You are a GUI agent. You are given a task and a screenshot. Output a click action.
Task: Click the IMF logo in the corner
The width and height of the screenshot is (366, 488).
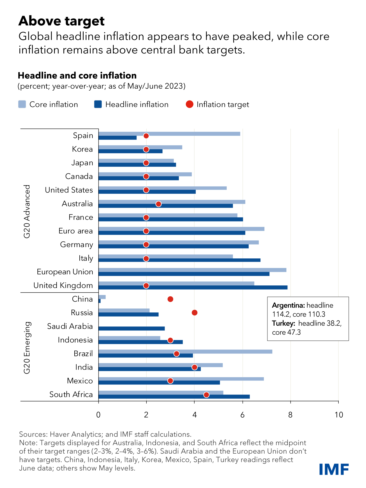coord(334,469)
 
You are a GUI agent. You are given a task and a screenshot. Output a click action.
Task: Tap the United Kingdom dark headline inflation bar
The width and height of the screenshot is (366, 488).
coord(193,287)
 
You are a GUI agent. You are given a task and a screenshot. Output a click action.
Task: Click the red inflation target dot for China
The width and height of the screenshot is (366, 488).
coord(170,299)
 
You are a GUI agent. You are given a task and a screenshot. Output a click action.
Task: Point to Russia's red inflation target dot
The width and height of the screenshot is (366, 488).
coord(195,313)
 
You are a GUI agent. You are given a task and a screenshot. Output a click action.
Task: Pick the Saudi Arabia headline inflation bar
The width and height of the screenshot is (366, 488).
coord(132,328)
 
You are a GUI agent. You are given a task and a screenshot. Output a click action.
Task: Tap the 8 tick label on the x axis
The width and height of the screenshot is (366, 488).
coord(290,415)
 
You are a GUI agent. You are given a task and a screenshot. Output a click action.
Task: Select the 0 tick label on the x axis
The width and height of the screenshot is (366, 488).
coord(98,415)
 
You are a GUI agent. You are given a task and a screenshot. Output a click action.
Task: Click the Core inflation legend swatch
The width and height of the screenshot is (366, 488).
coord(22,104)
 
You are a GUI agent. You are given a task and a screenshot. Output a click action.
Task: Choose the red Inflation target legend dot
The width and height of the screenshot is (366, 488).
coord(190,104)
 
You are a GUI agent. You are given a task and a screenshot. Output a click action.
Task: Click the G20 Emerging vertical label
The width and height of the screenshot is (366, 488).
coord(27,348)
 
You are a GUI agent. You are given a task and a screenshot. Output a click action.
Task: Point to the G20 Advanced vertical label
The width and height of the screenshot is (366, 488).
coord(27,211)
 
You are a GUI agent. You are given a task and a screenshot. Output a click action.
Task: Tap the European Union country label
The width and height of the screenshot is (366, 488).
coord(65,272)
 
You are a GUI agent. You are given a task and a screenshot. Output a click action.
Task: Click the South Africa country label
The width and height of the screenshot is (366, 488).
coord(71,395)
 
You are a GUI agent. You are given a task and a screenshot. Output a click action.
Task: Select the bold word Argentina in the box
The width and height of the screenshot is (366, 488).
coord(288,305)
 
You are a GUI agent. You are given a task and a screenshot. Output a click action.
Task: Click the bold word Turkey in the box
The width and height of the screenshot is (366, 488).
coord(284,323)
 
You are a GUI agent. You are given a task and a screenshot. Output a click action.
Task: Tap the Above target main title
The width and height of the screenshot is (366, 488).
coord(62,21)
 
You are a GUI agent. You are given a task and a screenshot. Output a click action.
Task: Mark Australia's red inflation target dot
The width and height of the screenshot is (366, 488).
coord(159,204)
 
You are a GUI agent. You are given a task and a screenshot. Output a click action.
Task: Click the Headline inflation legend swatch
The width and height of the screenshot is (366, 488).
coord(98,104)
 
